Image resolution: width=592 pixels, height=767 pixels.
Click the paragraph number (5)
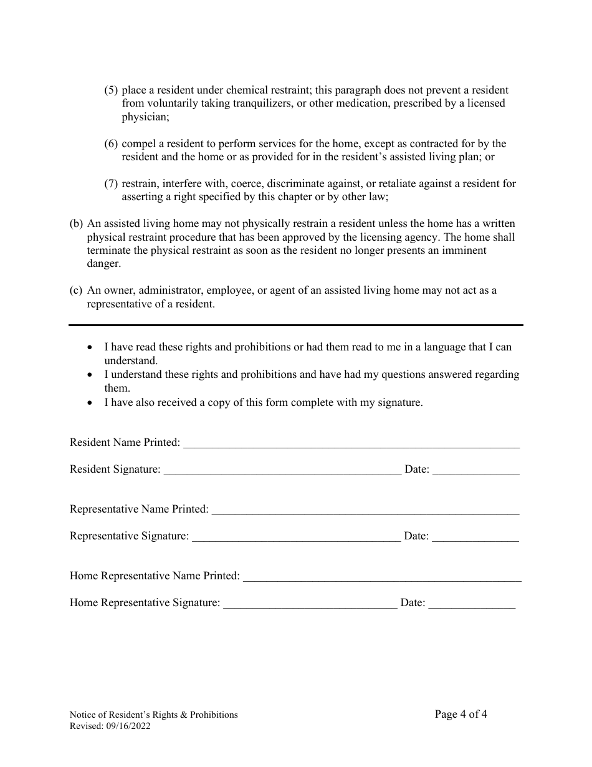(x=111, y=90)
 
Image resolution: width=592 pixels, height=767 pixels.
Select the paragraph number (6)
(x=111, y=143)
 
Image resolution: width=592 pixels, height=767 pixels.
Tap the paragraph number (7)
(x=111, y=183)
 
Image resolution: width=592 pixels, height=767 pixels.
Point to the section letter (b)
(x=76, y=223)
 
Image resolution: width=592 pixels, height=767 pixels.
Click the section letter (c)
(x=76, y=290)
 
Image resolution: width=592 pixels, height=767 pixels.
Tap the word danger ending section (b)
(x=103, y=264)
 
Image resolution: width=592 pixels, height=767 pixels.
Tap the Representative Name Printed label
(x=139, y=509)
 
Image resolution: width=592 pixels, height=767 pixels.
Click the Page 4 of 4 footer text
(x=461, y=714)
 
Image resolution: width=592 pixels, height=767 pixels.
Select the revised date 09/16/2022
(x=127, y=726)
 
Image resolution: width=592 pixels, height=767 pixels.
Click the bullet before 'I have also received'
(x=92, y=403)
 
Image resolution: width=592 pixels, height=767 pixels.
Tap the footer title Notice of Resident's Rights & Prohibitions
(x=153, y=715)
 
